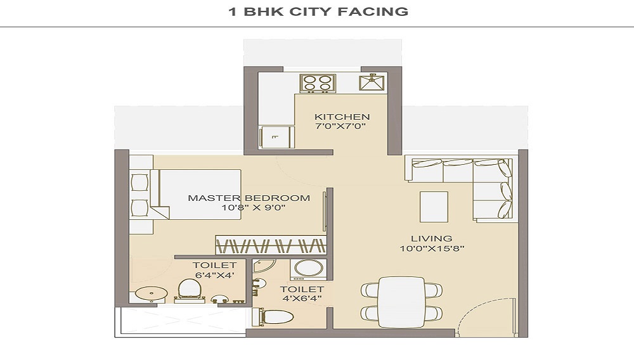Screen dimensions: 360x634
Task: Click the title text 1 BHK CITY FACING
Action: click(x=318, y=11)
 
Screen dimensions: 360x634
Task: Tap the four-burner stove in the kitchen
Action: click(x=318, y=83)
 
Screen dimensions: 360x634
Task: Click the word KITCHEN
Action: click(x=342, y=117)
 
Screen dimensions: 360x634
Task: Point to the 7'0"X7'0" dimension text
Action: click(x=342, y=127)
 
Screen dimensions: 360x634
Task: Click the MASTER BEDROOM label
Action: click(x=249, y=198)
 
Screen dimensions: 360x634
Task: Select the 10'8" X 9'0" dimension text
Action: click(x=249, y=208)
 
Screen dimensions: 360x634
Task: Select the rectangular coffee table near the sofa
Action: click(x=434, y=207)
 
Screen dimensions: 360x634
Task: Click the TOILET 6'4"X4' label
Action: click(x=214, y=270)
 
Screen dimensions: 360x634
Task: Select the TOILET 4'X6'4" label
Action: click(x=302, y=294)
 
